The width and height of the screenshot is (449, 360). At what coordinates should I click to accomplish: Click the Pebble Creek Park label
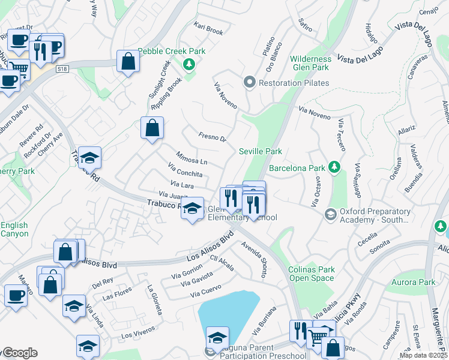click(x=171, y=51)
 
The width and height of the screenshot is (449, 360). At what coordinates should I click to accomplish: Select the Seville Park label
click(x=261, y=152)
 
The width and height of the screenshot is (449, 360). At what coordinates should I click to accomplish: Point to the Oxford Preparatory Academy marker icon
click(x=330, y=214)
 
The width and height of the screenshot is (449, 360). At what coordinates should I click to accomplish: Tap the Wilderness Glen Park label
click(x=310, y=64)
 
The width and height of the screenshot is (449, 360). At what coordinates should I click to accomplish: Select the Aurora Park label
click(x=418, y=282)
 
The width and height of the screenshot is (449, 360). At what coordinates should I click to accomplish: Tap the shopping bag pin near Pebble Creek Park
click(x=128, y=61)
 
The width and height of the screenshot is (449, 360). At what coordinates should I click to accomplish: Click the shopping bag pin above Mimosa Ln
click(x=152, y=127)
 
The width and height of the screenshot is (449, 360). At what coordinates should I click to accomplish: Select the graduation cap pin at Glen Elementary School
click(x=192, y=209)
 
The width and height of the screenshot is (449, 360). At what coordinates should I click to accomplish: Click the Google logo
click(x=19, y=353)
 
